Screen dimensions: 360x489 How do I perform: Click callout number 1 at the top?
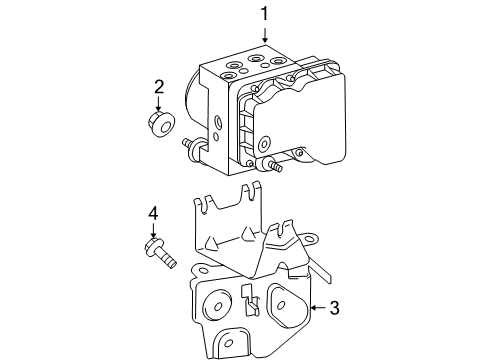265,14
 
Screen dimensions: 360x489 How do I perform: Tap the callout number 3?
333,309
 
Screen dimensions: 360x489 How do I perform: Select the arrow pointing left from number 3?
315,309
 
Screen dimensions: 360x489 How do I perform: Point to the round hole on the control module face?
217,125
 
